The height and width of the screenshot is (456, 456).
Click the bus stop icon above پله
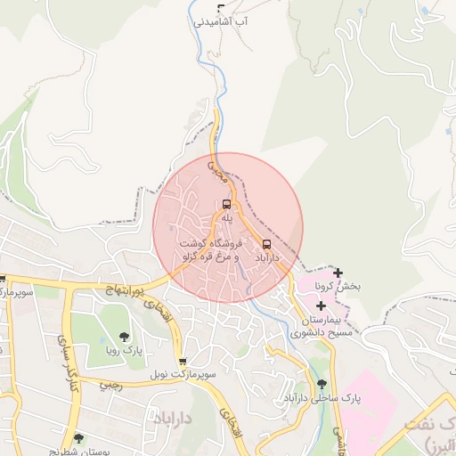226,204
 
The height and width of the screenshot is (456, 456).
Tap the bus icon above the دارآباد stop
267,244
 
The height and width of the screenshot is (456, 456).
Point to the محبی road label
217,171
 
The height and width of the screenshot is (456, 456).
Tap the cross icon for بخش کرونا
338,273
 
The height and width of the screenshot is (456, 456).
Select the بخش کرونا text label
338,287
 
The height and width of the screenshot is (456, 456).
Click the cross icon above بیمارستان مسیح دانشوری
321,305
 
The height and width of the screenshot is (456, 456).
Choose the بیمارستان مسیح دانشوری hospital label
322,326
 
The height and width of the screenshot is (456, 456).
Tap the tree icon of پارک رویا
124,336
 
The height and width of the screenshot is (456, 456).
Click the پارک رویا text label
124,350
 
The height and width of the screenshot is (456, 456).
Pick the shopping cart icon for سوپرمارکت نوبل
183,362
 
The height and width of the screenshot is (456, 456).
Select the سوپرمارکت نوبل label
183,375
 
